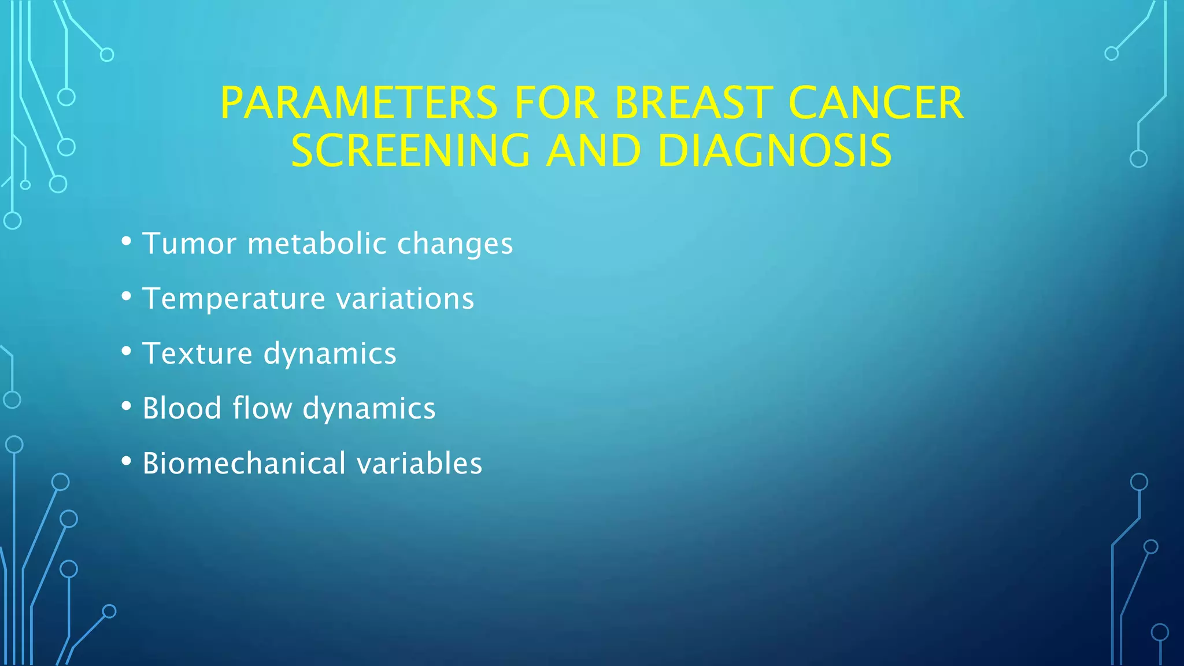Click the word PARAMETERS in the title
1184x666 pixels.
tap(358, 103)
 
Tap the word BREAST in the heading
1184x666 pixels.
tap(693, 103)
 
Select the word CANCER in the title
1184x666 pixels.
tap(875, 103)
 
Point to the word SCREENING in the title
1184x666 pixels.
tap(410, 151)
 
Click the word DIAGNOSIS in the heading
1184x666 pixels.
tap(775, 151)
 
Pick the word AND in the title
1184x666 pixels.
tap(594, 151)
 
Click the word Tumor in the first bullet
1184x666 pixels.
tap(190, 243)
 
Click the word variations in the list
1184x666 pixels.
tap(405, 298)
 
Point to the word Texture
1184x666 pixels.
tap(197, 353)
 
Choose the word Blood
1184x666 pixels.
tap(182, 408)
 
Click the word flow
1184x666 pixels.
tap(262, 408)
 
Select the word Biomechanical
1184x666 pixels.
tap(241, 463)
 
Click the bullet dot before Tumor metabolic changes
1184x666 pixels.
tap(126, 241)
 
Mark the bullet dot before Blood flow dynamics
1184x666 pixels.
tap(126, 406)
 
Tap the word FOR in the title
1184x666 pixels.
tap(556, 103)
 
